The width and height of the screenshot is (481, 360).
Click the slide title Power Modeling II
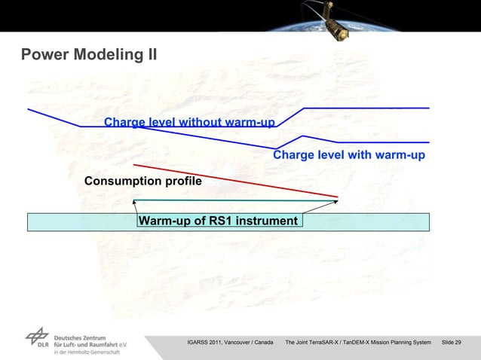[89, 54]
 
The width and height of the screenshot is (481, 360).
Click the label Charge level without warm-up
[189, 122]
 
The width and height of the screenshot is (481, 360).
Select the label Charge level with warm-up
[349, 155]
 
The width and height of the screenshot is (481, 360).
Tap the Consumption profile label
[142, 182]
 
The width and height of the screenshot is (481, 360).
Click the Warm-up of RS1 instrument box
[219, 221]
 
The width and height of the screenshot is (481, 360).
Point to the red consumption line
[234, 180]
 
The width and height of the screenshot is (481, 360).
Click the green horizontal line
[234, 200]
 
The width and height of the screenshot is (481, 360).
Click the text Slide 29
[452, 343]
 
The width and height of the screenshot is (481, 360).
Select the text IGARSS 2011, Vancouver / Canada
[230, 343]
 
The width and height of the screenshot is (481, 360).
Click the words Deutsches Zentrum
[79, 337]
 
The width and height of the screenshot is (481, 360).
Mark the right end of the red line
[336, 197]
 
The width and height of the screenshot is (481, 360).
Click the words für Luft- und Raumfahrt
[84, 345]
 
